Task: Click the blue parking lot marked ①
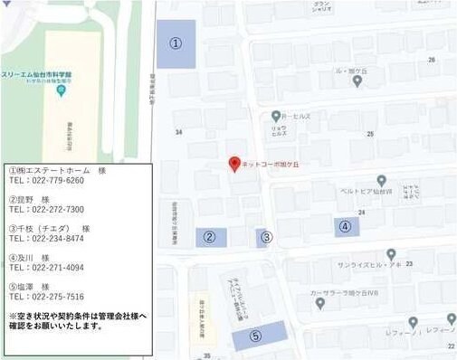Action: pos(176,43)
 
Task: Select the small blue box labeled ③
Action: pos(265,238)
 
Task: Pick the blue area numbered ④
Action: pos(346,226)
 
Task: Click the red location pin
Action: pos(234,164)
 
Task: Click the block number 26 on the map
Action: pos(432,60)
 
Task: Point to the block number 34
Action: pos(178,132)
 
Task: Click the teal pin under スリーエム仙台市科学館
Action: pos(60,90)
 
